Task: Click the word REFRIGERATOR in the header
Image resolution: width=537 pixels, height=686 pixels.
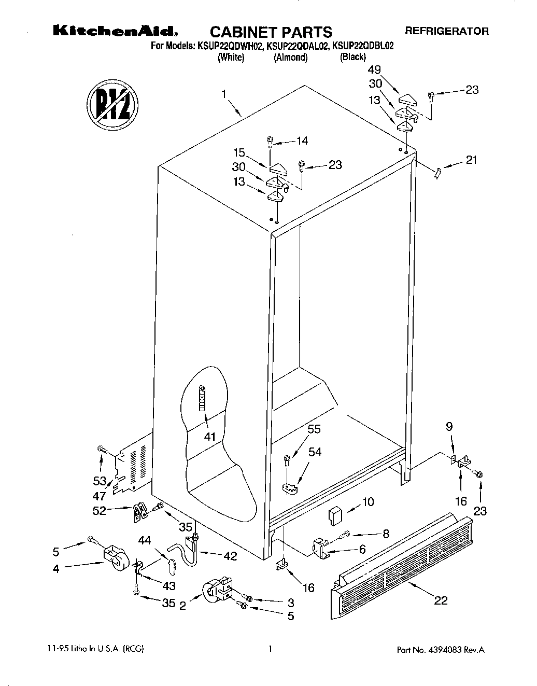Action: pos(447,31)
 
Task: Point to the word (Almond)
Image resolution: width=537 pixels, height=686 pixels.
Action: pos(291,58)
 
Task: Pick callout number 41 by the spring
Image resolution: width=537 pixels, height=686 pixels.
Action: pos(209,436)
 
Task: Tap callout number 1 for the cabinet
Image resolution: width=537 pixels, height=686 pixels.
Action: pos(223,94)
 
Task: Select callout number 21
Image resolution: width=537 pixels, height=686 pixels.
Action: pos(471,160)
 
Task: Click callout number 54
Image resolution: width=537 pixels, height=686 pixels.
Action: pos(315,452)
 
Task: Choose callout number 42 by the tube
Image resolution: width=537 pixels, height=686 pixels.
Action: pos(230,556)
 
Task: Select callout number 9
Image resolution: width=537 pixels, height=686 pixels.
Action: pos(449,426)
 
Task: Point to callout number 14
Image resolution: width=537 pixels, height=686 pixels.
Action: pos(302,141)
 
